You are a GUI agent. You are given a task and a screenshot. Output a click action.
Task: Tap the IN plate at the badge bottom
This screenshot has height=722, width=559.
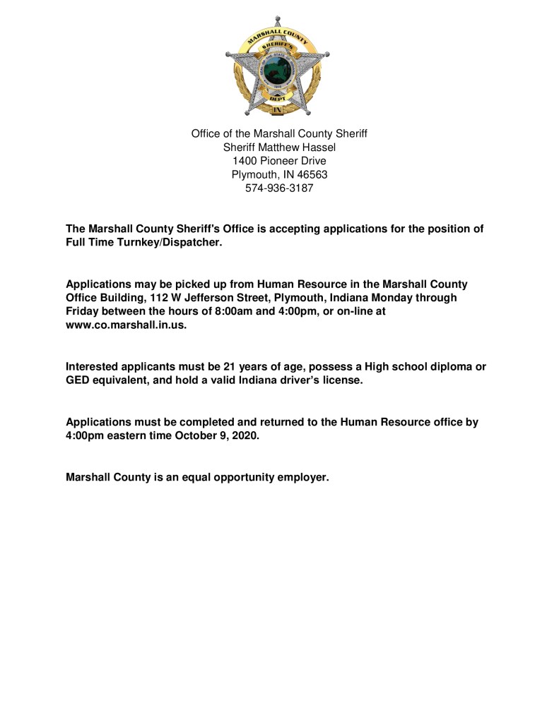pos(278,110)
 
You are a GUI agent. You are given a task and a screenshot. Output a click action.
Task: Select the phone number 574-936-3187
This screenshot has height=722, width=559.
pos(279,188)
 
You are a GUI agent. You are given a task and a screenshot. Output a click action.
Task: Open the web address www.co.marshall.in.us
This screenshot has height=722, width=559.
pos(126,325)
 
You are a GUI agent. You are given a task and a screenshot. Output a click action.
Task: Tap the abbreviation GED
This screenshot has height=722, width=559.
pos(78,380)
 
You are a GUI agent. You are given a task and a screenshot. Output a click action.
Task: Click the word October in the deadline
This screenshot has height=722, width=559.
pos(194,435)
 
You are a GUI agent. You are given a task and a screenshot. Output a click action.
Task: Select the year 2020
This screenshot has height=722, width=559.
pos(245,435)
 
